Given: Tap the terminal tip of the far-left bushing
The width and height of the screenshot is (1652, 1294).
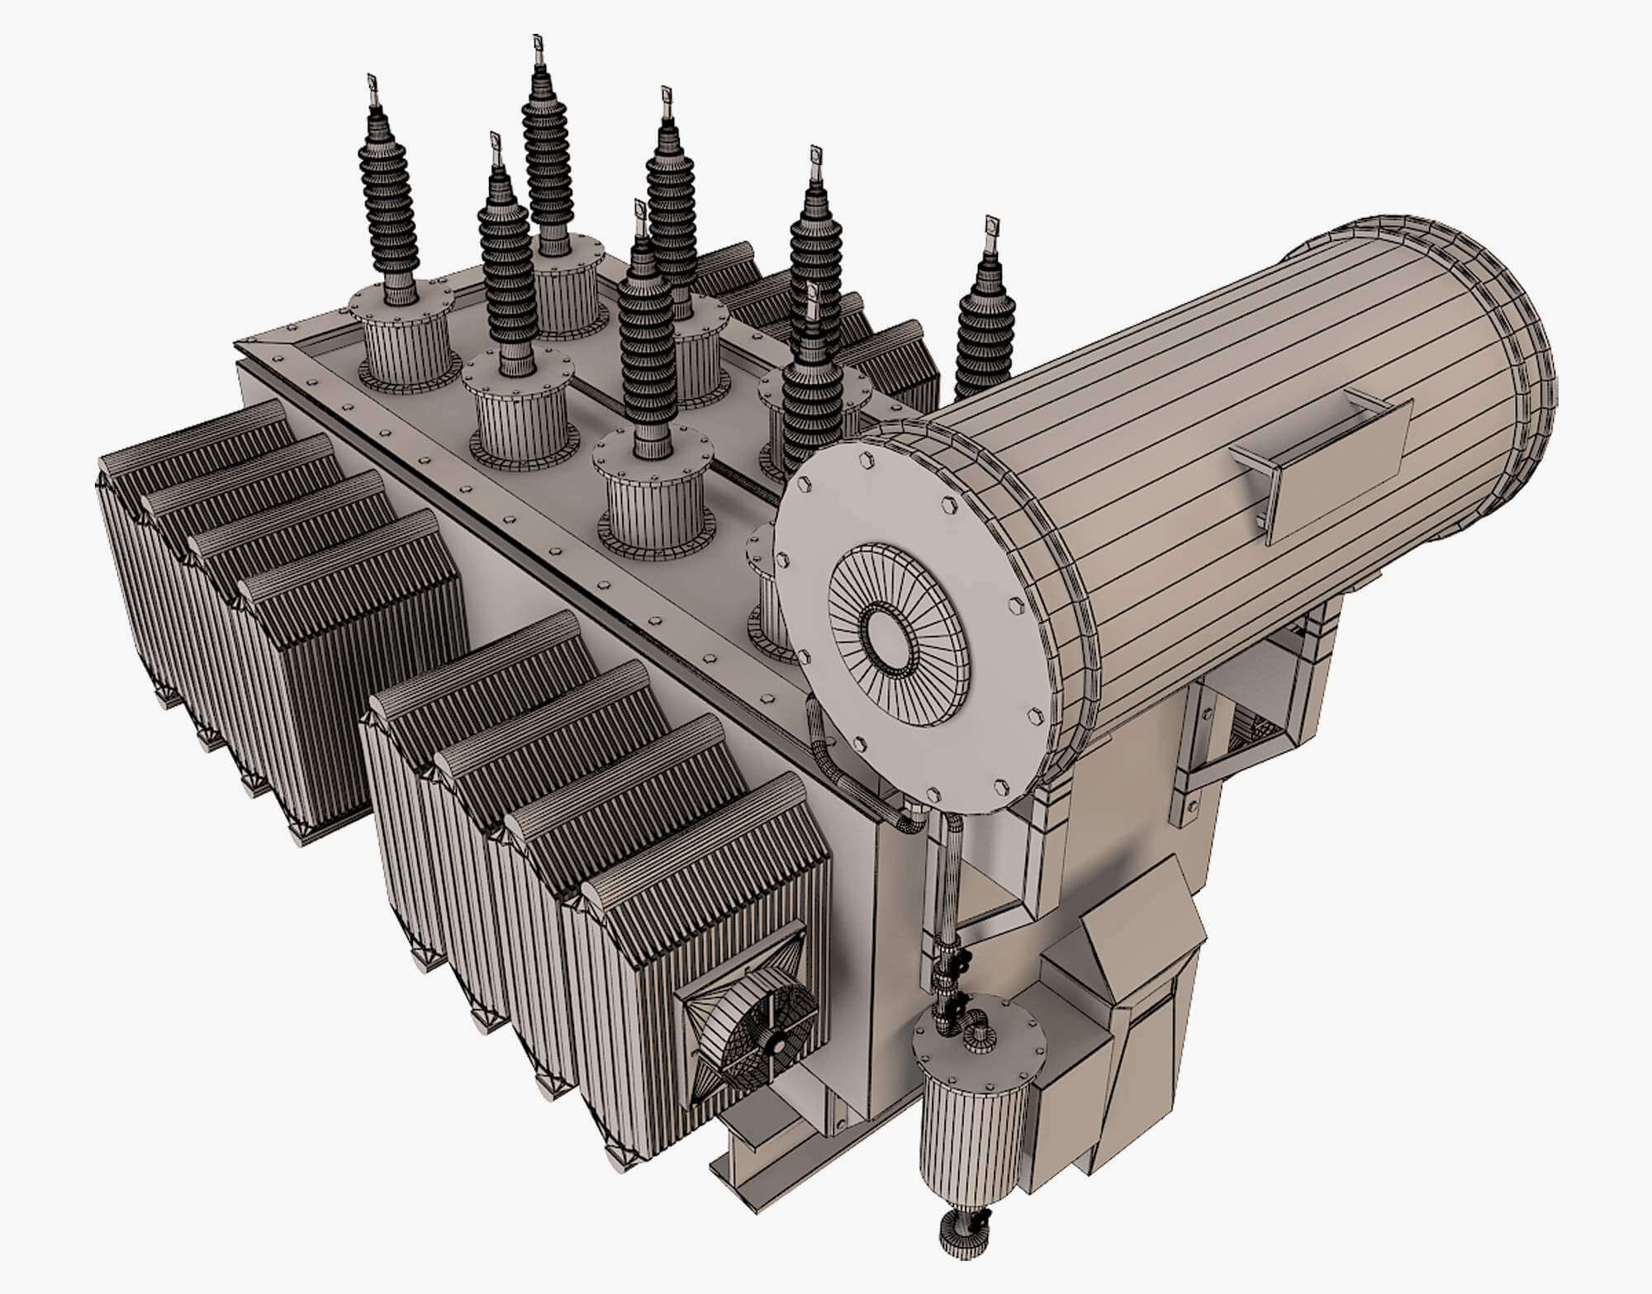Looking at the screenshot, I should [371, 83].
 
